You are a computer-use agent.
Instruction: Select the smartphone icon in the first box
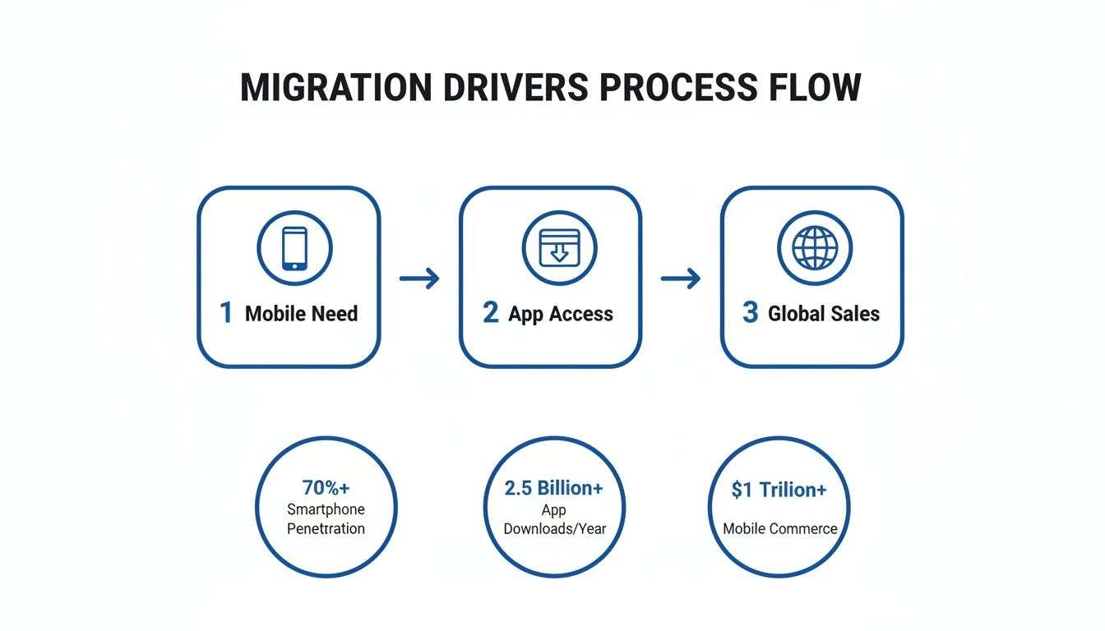[x=294, y=248]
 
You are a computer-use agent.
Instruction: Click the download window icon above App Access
[x=559, y=246]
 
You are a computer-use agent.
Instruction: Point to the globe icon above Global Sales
[x=815, y=247]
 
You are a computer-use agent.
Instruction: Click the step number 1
[x=226, y=313]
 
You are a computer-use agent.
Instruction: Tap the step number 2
[x=490, y=313]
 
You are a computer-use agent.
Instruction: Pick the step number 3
[x=750, y=313]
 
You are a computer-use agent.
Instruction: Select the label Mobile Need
[x=301, y=314]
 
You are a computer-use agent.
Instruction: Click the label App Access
[x=561, y=314]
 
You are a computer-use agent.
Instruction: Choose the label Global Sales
[x=824, y=314]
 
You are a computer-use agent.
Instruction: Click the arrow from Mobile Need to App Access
[x=419, y=279]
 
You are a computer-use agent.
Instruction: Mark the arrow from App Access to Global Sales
[x=681, y=279]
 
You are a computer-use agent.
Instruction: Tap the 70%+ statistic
[x=326, y=487]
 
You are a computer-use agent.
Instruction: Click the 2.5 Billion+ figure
[x=553, y=488]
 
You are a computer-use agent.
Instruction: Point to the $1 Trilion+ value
[x=779, y=490]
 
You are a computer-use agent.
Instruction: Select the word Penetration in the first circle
[x=326, y=528]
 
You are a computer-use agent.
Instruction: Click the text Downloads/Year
[x=554, y=528]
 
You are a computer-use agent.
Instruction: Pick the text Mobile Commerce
[x=779, y=528]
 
